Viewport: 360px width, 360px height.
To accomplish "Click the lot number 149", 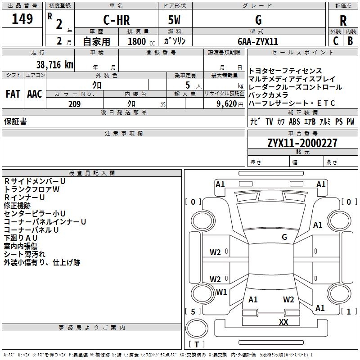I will (x=22, y=19).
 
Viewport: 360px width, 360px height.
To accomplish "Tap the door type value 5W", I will (x=174, y=20).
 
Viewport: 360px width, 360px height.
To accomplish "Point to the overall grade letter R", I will (x=343, y=20).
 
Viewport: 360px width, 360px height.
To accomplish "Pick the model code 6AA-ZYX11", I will (x=258, y=41).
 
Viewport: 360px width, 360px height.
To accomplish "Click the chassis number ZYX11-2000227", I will (x=302, y=143).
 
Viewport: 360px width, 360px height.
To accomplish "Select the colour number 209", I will (x=74, y=104).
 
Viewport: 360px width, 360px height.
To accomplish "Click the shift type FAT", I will (x=13, y=94).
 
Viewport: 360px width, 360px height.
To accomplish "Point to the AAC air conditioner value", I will (x=35, y=94).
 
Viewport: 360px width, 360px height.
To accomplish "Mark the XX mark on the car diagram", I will (x=283, y=322).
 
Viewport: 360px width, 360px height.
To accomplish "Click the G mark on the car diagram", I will (x=284, y=237).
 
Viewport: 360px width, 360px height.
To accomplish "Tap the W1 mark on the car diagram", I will (x=221, y=292).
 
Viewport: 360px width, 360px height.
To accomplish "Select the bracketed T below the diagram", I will (x=197, y=344).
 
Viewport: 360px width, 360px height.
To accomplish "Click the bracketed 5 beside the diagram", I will (x=193, y=311).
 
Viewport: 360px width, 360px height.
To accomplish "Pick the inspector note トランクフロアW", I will (x=31, y=189).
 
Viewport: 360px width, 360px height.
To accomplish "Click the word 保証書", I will (x=15, y=121).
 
